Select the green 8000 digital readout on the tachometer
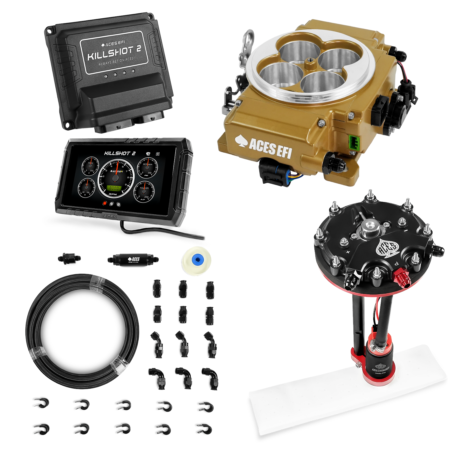point(114,188)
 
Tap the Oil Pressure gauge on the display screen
point(147,168)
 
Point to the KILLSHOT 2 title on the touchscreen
point(120,153)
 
